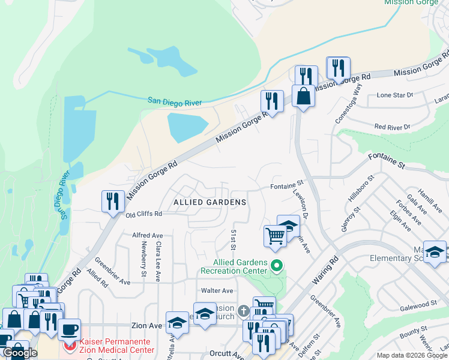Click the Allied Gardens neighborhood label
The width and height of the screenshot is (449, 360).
click(x=209, y=202)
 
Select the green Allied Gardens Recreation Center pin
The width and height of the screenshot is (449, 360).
click(x=277, y=265)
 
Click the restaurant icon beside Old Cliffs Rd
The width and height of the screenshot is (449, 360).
click(x=113, y=202)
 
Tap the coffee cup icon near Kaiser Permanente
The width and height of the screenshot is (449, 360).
click(x=70, y=329)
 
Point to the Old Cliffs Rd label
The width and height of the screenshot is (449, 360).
click(x=143, y=214)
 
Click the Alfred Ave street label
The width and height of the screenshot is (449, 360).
click(x=148, y=236)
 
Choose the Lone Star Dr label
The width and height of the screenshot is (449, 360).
click(x=394, y=95)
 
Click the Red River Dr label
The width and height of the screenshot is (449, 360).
click(x=391, y=127)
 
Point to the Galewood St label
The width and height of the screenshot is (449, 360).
click(x=420, y=306)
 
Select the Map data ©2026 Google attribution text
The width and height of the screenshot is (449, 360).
click(x=411, y=355)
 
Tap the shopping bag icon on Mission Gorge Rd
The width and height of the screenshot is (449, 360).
click(x=304, y=95)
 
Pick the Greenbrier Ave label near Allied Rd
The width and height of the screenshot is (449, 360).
click(x=112, y=272)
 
